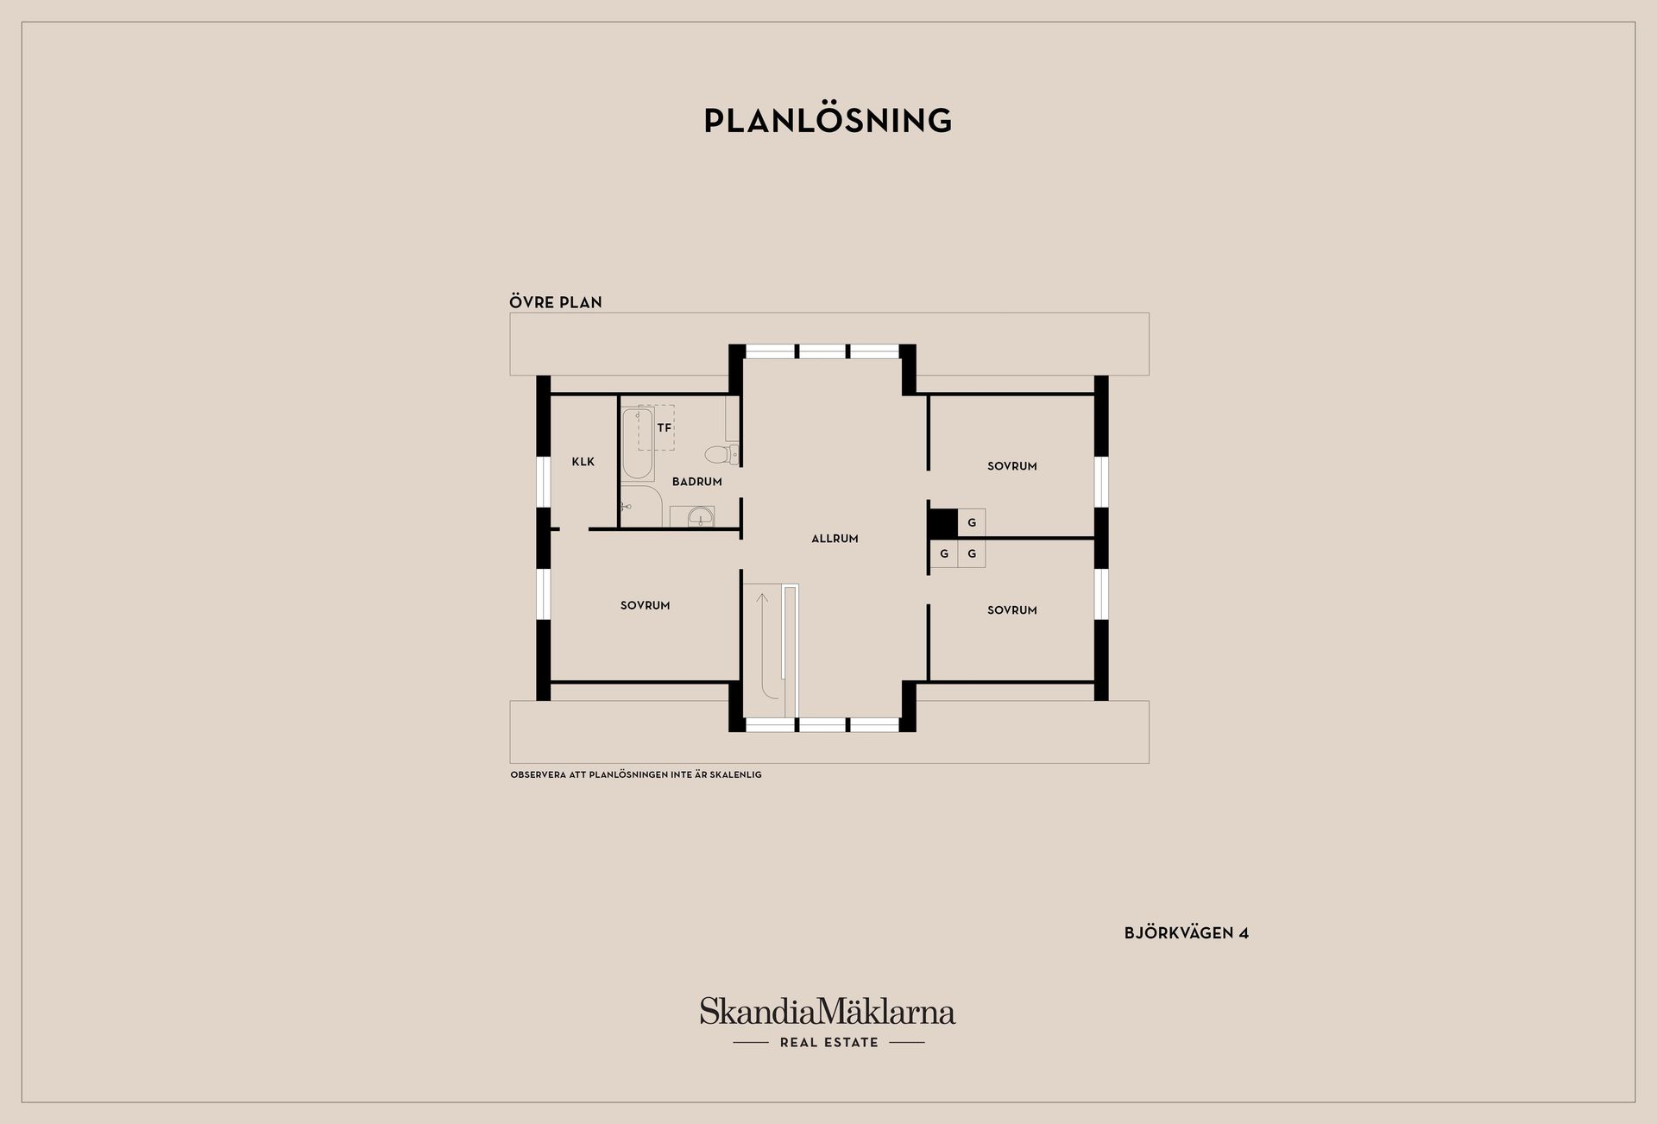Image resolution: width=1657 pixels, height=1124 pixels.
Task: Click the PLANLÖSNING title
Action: (828, 121)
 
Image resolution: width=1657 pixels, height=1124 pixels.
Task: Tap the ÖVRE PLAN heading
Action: (556, 302)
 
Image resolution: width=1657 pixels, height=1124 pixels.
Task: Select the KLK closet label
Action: (583, 462)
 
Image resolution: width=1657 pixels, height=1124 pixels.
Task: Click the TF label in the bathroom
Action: (664, 427)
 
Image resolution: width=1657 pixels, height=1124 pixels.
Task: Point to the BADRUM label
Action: (697, 482)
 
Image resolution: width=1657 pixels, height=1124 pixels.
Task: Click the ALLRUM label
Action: (835, 539)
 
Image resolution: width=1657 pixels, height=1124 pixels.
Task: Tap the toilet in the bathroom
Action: (721, 454)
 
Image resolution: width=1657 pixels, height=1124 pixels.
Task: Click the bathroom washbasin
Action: (692, 516)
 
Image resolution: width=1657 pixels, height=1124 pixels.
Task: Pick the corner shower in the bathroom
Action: (640, 506)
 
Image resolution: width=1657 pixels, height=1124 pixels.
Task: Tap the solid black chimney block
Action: (943, 523)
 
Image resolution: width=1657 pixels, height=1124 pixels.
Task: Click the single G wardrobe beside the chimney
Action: (972, 523)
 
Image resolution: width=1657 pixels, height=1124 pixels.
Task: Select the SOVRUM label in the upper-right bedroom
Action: (1012, 466)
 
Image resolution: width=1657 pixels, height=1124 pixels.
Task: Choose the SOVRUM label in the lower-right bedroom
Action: (1012, 610)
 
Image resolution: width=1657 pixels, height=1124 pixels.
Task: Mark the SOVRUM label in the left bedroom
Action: (645, 606)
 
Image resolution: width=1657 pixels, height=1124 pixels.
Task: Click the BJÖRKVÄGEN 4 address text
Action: (1187, 933)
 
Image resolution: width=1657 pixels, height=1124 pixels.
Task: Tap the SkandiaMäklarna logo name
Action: (828, 1011)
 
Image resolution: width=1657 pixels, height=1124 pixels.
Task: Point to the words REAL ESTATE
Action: (828, 1043)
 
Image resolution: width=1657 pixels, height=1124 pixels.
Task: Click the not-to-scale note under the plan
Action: (636, 775)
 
